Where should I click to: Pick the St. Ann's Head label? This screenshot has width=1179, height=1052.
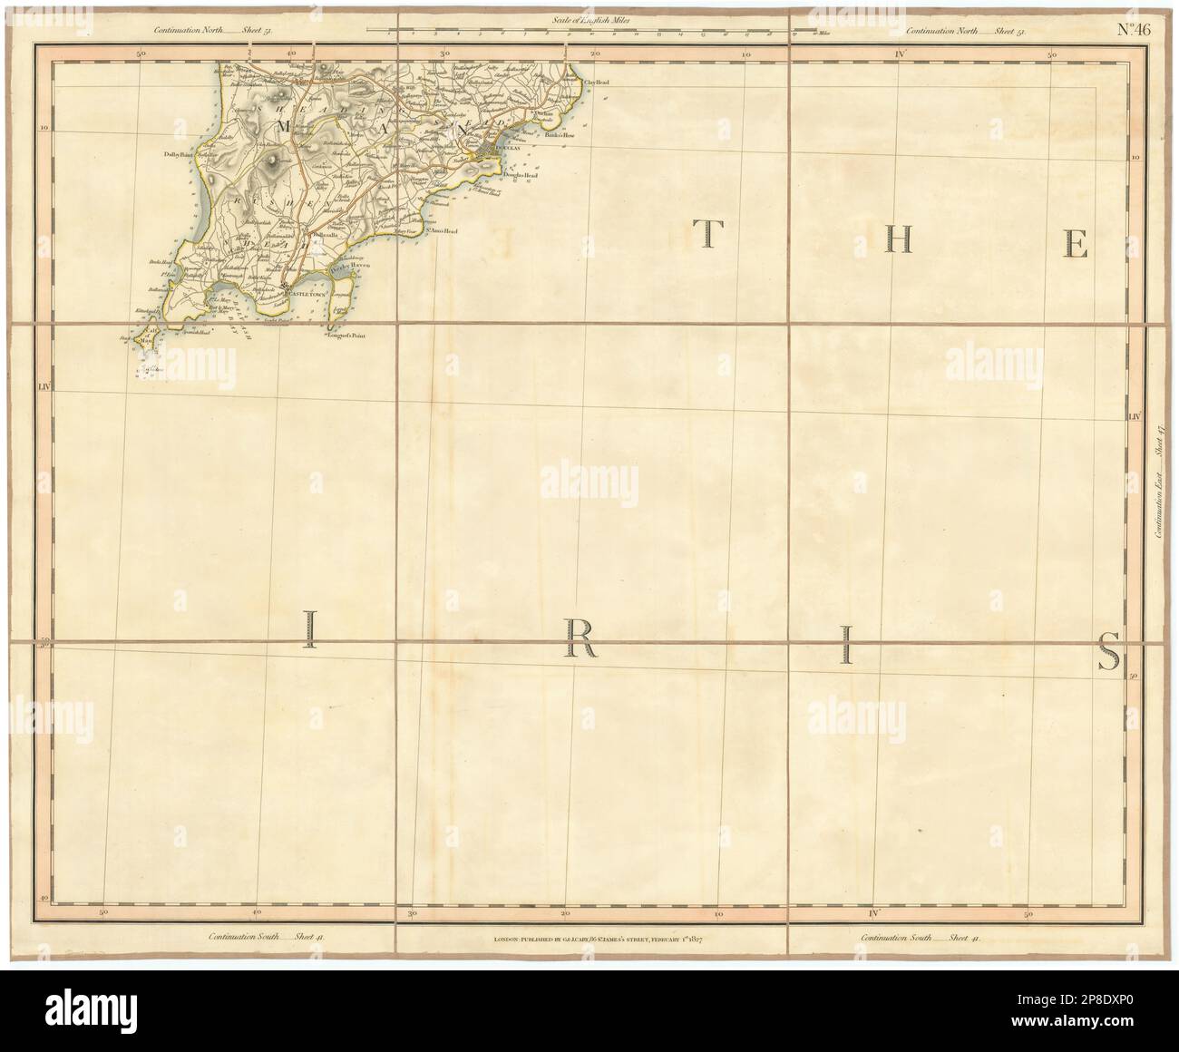pos(442,231)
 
